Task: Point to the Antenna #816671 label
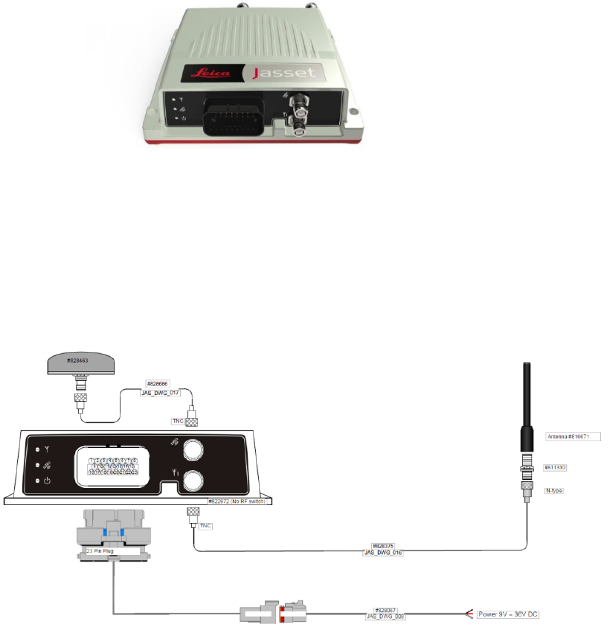(x=572, y=436)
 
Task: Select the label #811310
(x=556, y=467)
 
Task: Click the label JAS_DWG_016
(x=383, y=553)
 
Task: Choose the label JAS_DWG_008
(x=385, y=616)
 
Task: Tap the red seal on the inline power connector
(x=282, y=614)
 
